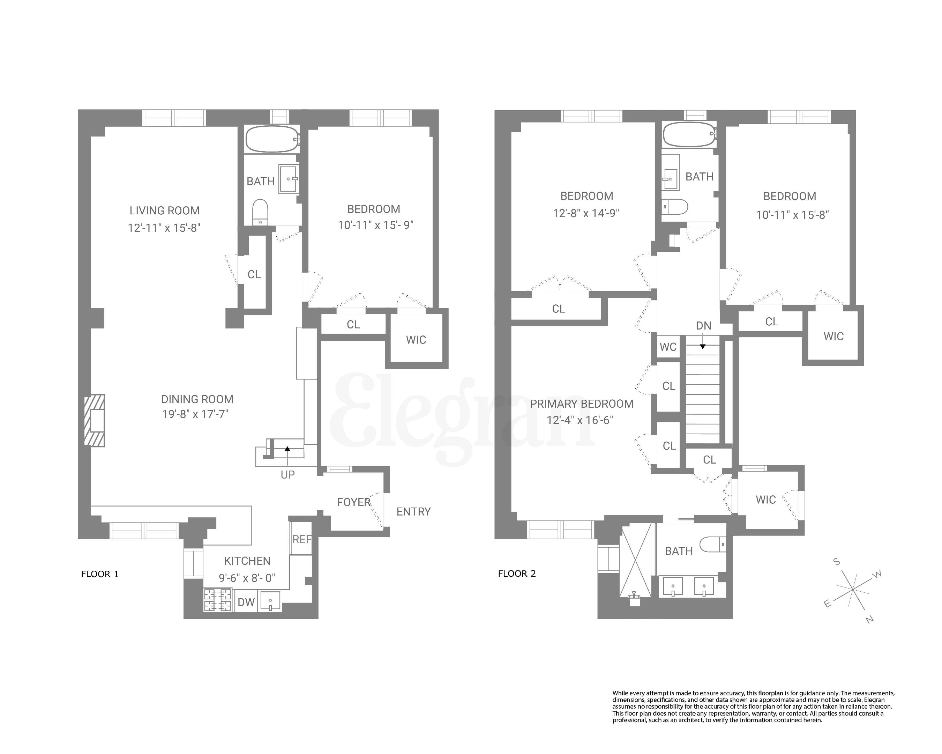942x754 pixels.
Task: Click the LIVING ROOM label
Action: point(164,211)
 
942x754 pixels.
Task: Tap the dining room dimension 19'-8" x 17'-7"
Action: point(195,414)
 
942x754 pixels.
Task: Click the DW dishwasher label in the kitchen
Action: point(246,602)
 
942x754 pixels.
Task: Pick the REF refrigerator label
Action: point(301,539)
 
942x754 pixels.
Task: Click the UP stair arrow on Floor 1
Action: point(287,449)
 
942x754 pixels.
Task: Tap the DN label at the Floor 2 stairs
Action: point(703,326)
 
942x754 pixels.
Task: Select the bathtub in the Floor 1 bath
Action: point(272,139)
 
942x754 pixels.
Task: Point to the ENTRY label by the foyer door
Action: point(413,511)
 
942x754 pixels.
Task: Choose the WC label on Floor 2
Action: point(668,347)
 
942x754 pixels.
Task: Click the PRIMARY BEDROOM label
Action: point(582,404)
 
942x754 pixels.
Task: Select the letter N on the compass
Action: point(869,619)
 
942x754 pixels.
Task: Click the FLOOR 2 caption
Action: point(517,574)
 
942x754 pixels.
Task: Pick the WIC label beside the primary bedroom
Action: point(765,500)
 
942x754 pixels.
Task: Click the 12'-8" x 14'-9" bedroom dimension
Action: point(586,213)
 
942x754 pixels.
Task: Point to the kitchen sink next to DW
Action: point(270,601)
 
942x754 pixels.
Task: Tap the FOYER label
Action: point(353,503)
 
